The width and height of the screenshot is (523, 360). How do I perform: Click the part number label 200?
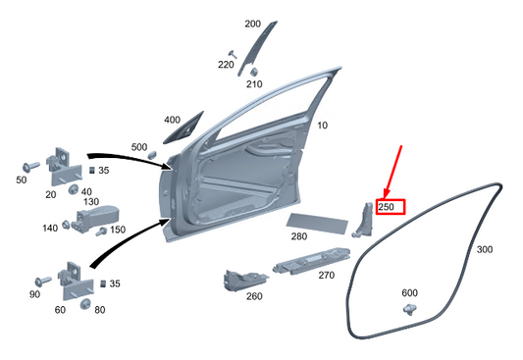point(252,24)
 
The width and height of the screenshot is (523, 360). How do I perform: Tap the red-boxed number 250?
point(386,207)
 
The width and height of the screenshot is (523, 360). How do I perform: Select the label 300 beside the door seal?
point(484,250)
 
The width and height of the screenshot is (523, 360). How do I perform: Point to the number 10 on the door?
point(322,125)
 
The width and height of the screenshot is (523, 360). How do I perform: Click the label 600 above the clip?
point(409,293)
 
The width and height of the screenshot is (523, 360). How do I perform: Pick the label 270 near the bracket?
point(326,277)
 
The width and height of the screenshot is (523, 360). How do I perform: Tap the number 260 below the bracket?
point(254,296)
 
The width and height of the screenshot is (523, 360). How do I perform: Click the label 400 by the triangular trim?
point(172,120)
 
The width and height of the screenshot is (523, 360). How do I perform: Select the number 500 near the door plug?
point(139,147)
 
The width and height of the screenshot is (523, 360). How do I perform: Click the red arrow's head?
point(385,194)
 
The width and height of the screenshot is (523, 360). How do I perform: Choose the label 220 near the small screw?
point(226,65)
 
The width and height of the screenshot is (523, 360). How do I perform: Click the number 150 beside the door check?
point(118,230)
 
